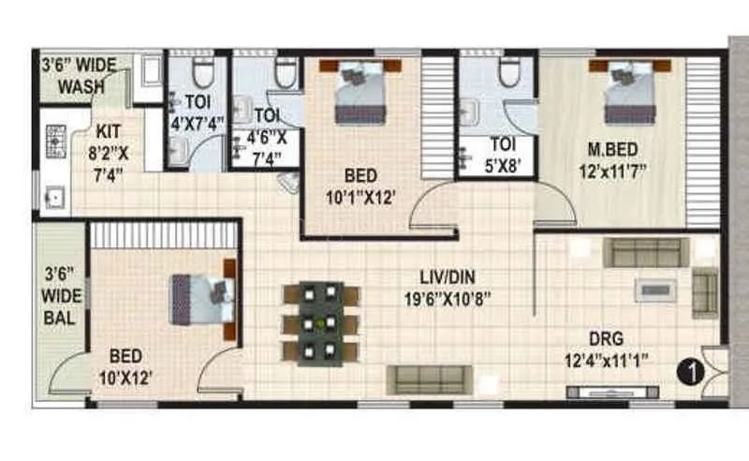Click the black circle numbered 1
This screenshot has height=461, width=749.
690,372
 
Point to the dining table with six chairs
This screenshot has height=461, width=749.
321,323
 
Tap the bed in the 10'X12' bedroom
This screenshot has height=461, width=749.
200,299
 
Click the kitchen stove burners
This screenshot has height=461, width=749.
53,140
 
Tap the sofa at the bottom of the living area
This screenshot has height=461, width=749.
429,379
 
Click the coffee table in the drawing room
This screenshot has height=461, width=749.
655,290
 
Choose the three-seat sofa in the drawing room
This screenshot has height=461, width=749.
645,251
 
